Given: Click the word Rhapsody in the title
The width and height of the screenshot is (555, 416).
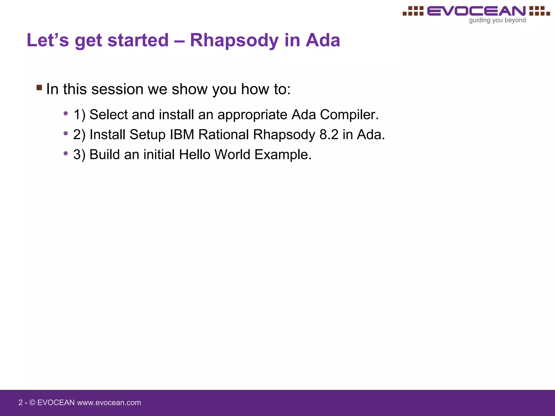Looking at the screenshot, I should point(234,41).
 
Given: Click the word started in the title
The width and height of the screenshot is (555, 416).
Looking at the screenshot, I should point(138,40).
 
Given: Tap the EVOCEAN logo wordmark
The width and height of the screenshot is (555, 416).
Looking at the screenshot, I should point(476,11).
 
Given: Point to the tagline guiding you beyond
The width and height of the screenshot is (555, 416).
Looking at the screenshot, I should point(497,20).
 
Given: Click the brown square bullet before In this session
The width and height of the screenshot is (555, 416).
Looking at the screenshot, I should point(39,87).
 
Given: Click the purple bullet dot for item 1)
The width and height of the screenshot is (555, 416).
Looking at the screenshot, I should point(66,113).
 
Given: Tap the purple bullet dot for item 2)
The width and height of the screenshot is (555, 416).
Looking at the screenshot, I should point(66,134).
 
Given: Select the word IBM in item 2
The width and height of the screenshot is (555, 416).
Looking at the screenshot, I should point(182,135).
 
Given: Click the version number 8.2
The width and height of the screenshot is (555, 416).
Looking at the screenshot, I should point(329,135).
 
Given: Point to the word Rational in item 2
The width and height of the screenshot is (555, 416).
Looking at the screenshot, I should point(224,135).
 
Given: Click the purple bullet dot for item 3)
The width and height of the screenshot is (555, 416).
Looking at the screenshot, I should point(66,154).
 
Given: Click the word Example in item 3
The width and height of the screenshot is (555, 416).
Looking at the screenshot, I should point(283,155).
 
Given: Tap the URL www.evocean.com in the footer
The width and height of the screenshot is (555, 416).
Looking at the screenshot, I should point(109,403).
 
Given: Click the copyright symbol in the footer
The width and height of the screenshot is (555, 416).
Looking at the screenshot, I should point(32,403).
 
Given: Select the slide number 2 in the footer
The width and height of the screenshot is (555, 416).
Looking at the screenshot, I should point(20,403).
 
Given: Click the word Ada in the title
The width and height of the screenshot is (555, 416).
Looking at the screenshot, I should point(322,40).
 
